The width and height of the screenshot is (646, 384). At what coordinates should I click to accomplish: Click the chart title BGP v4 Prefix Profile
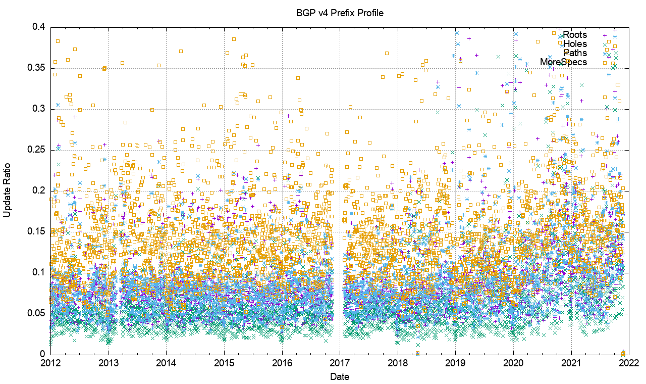click(x=340, y=13)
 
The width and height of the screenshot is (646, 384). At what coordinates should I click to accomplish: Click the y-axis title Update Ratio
click(x=7, y=190)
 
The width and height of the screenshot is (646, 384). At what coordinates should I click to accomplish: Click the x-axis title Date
click(x=340, y=376)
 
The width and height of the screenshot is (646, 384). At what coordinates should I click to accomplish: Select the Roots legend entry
click(x=575, y=35)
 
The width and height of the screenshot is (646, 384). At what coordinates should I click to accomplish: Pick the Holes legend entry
click(x=575, y=44)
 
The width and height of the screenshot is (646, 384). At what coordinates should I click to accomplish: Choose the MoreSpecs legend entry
click(x=563, y=62)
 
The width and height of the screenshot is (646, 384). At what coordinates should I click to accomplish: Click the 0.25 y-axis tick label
click(x=35, y=150)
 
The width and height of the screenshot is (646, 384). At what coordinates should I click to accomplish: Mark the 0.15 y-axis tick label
click(x=35, y=232)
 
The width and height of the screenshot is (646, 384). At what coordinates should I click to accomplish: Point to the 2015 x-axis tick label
click(x=224, y=363)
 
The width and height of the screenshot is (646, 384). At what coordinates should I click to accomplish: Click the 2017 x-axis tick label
click(x=340, y=363)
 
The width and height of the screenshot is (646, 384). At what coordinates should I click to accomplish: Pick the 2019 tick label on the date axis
click(x=455, y=363)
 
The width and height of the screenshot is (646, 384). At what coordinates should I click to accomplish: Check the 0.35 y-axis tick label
click(x=35, y=68)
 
